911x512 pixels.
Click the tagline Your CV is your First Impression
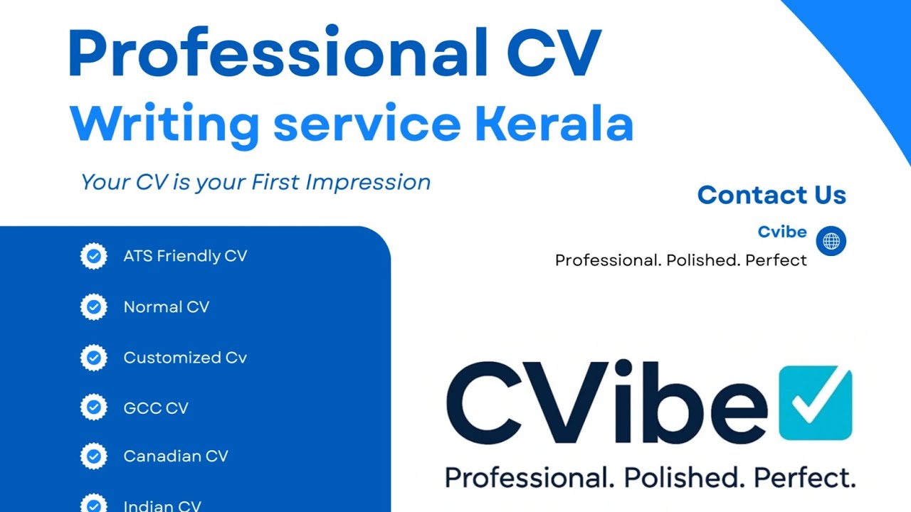point(256,182)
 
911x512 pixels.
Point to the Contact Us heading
point(772,195)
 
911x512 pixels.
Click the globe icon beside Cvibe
point(831,241)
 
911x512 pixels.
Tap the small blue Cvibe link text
point(782,232)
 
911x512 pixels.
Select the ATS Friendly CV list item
point(185,256)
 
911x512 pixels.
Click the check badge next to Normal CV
point(93,306)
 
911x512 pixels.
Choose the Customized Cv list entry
point(185,358)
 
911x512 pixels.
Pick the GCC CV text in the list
point(156,408)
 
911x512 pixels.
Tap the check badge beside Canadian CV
point(93,456)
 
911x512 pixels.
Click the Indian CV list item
point(162,506)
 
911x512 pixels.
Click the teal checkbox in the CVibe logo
point(815,403)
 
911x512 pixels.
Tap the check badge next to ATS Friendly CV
point(93,256)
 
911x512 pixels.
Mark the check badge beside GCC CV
point(93,407)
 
